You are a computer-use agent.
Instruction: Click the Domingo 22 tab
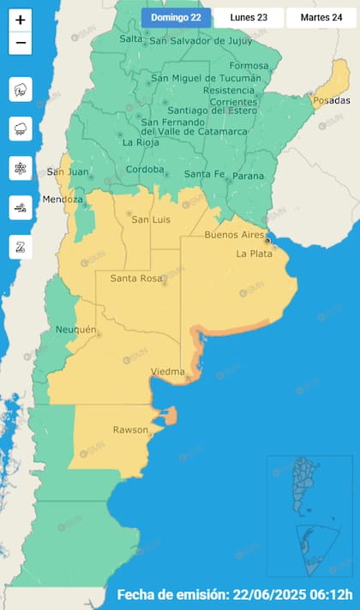(x=176, y=17)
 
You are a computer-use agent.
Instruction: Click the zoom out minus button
(x=21, y=41)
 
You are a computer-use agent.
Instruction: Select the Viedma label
(x=167, y=372)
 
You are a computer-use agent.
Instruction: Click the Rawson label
(x=130, y=429)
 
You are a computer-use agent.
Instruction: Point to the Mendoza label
(x=65, y=200)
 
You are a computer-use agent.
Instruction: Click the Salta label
(x=131, y=39)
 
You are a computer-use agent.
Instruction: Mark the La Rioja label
(x=139, y=142)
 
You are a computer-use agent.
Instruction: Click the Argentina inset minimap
(x=311, y=516)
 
